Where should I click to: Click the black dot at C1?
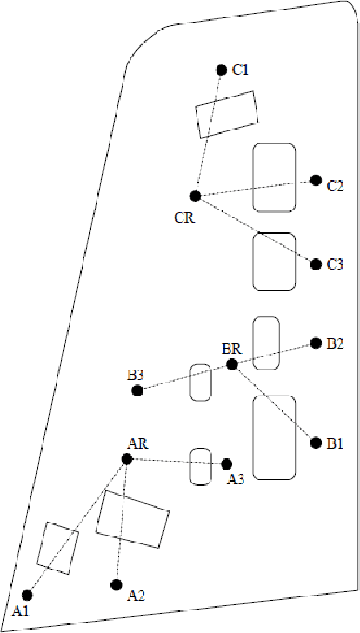pos(221,70)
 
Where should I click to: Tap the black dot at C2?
pos(316,181)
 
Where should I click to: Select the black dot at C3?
pos(316,263)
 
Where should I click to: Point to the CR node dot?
pos(195,196)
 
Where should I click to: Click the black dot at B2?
pos(316,343)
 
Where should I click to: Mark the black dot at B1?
pos(316,443)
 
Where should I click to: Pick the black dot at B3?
pos(137,390)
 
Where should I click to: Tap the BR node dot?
pos(231,364)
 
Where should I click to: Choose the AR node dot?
pos(127,458)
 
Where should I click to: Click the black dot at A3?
pos(227,464)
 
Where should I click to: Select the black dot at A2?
pos(117,584)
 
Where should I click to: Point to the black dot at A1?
pos(27,595)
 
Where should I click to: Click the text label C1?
pos(241,70)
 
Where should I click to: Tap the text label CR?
pos(184,217)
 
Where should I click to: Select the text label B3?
pos(135,375)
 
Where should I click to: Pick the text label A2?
pos(137,596)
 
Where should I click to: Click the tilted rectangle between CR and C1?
pos(226,115)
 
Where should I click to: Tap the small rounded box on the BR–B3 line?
pos(202,383)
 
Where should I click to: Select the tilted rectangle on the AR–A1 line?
pos(57,548)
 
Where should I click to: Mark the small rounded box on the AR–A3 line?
pos(202,466)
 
